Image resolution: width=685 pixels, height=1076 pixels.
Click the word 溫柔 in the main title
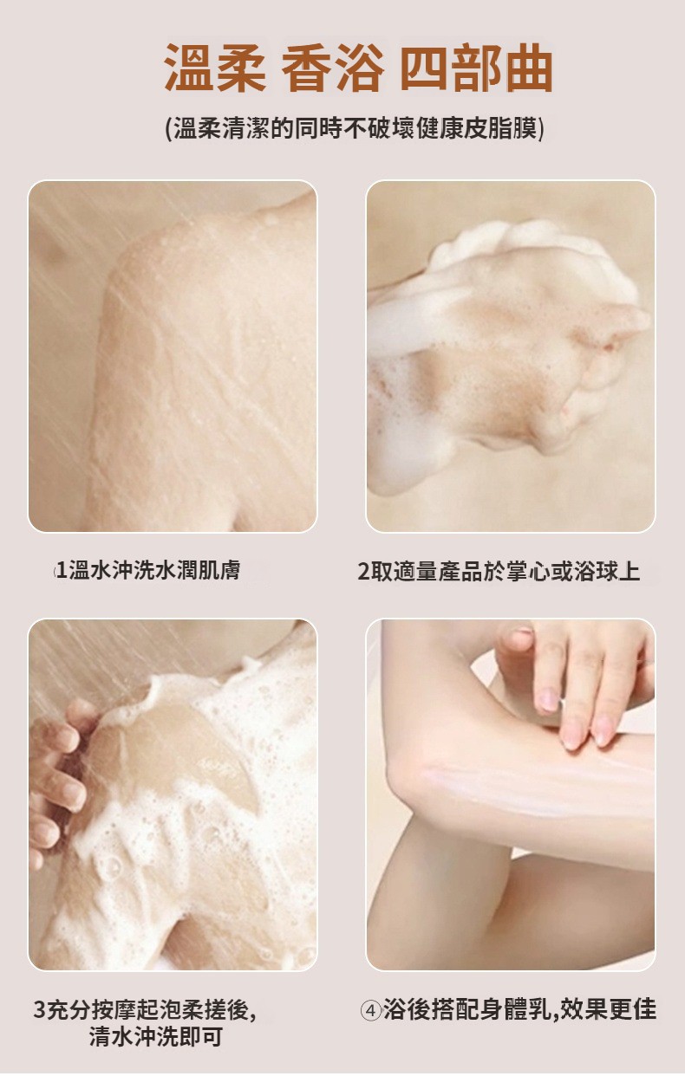pyautogui.click(x=215, y=68)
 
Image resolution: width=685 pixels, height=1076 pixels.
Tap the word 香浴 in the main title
pyautogui.click(x=333, y=68)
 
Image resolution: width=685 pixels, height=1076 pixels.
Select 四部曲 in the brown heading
pyautogui.click(x=476, y=68)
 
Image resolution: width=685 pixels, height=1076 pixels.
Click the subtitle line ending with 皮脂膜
pyautogui.click(x=355, y=129)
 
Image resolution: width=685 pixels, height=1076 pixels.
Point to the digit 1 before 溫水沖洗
pyautogui.click(x=62, y=571)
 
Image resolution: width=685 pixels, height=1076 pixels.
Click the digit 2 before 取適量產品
pyautogui.click(x=363, y=572)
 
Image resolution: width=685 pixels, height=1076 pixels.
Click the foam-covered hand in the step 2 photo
pyautogui.click(x=510, y=346)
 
